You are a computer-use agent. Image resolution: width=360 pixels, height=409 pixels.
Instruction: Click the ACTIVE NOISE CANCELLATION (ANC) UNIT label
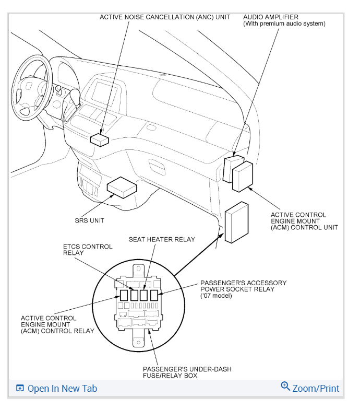[165, 17]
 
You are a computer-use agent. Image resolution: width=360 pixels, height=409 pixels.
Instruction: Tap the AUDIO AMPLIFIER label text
[270, 17]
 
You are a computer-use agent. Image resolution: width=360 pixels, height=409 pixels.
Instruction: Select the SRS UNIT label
[89, 220]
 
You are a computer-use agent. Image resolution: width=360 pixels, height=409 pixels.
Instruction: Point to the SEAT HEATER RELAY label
[162, 239]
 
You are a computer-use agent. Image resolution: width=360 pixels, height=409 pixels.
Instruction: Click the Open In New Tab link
[62, 388]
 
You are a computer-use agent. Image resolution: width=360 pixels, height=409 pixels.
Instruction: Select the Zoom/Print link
[316, 388]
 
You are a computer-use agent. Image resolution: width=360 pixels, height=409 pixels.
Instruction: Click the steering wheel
[31, 86]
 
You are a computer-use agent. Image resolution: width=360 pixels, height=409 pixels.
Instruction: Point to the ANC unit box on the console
[99, 139]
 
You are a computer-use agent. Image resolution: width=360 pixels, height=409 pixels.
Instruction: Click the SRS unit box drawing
[122, 186]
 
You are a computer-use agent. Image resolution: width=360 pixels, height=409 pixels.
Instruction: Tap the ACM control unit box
[243, 177]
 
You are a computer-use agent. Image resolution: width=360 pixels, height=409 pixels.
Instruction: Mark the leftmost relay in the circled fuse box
[124, 295]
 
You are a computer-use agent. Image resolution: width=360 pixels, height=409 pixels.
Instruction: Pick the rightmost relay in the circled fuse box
[154, 295]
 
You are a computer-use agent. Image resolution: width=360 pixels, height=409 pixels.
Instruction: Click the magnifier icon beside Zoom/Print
[285, 387]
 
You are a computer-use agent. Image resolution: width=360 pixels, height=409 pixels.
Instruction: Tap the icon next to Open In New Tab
[20, 388]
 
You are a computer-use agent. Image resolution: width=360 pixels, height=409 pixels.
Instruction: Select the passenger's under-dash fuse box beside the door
[236, 221]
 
